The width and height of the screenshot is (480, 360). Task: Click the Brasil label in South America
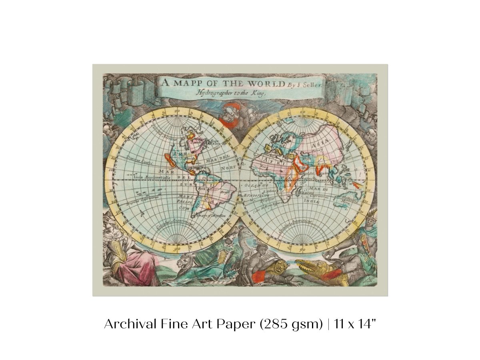tap(219, 193)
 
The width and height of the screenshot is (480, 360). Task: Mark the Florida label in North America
tap(189, 159)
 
